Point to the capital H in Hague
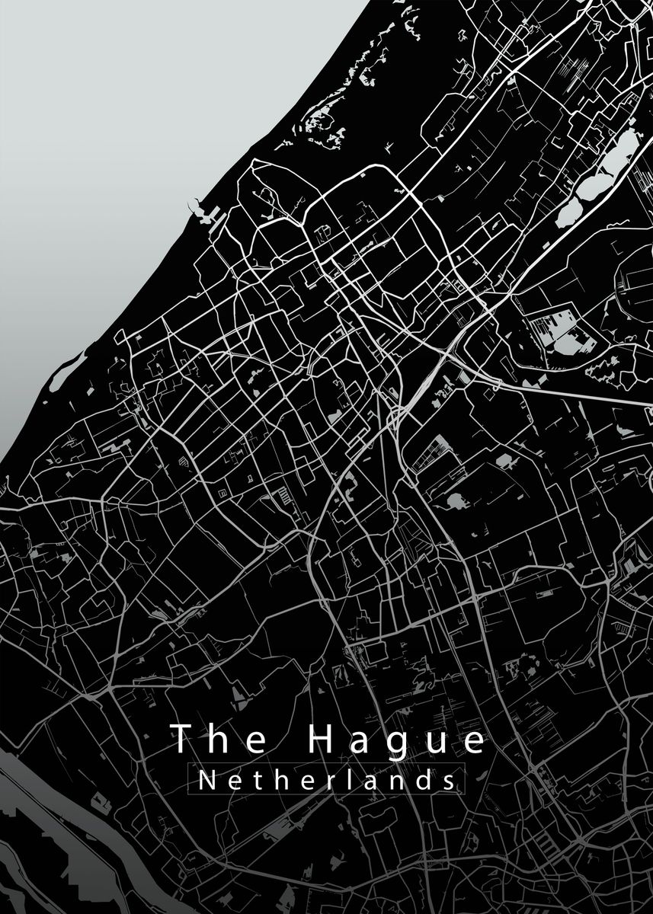322,740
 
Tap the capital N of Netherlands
206,780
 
